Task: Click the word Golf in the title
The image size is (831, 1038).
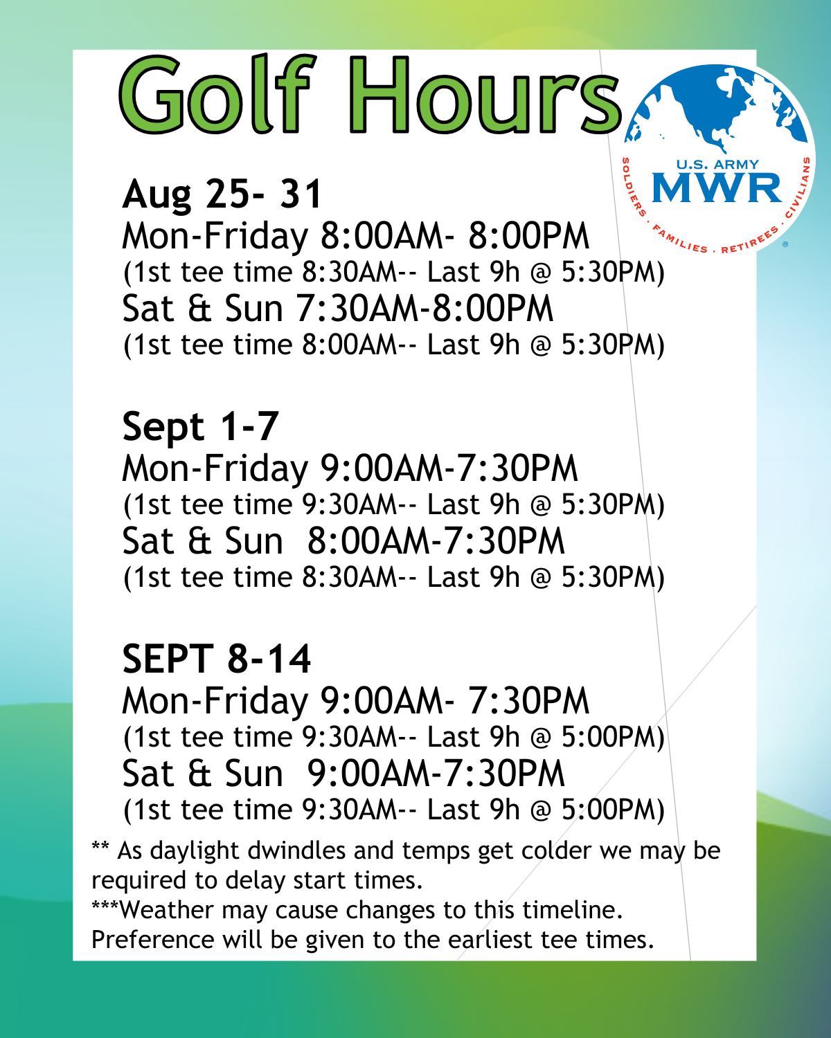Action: click(x=217, y=94)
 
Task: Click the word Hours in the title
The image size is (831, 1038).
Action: click(x=485, y=94)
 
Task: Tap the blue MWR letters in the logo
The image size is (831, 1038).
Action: click(x=717, y=188)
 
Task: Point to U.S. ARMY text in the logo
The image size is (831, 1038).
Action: click(x=717, y=165)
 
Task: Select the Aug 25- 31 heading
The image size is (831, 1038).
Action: click(x=222, y=194)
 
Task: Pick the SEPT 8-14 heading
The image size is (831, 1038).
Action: click(x=216, y=659)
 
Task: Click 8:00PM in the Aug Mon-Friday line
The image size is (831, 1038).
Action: click(x=529, y=237)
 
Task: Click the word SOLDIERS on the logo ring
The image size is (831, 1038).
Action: click(x=632, y=187)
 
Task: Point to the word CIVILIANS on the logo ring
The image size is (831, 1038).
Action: click(x=799, y=187)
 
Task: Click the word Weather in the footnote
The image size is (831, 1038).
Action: click(x=166, y=910)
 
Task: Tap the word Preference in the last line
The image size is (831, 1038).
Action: click(x=152, y=940)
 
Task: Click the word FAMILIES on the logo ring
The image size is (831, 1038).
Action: click(x=679, y=239)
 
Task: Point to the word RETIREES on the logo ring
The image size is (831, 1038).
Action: click(x=750, y=239)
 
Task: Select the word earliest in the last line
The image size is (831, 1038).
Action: click(x=490, y=940)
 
